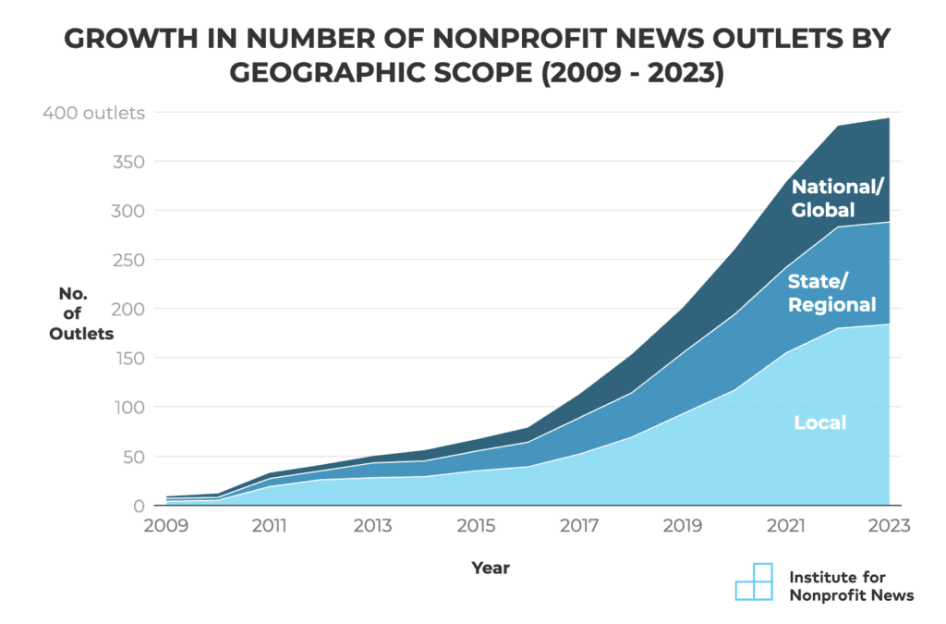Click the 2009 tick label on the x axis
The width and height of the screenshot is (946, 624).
pos(166,526)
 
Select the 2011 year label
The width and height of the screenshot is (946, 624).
pos(269,526)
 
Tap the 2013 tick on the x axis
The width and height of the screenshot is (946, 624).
pos(372,526)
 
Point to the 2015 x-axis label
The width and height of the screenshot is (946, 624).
pos(476,526)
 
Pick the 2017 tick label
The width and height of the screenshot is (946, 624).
pos(579,526)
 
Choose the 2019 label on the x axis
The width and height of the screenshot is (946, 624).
pos(683,526)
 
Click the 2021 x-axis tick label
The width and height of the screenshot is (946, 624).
pos(786,526)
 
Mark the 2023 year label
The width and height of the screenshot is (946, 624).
pos(889,526)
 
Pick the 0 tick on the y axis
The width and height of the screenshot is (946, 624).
pos(138,506)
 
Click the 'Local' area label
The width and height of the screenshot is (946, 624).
pos(819,423)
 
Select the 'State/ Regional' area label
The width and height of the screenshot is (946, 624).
pos(831,292)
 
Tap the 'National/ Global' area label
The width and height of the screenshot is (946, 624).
pos(837,198)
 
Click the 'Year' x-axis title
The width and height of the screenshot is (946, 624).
pos(490,568)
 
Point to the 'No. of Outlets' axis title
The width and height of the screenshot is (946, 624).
pos(82,313)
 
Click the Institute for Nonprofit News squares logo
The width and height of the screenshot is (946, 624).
pos(753,581)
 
